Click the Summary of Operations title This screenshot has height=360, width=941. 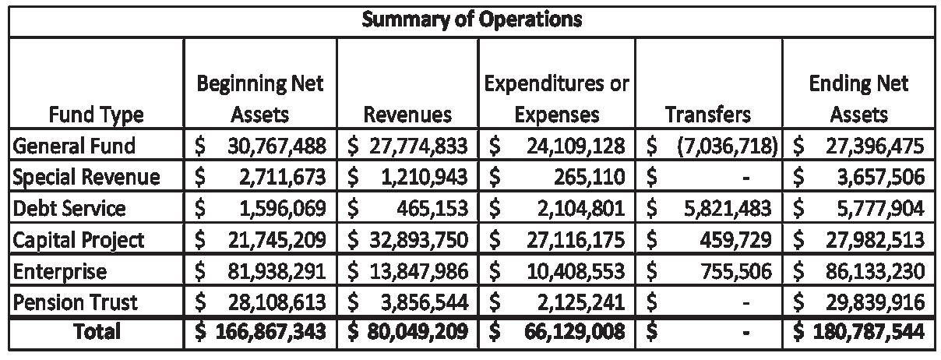pos(471,19)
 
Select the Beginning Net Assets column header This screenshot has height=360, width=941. pos(259,98)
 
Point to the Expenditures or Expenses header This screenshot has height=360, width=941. pos(556,98)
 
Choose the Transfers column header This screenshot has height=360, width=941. pos(707,115)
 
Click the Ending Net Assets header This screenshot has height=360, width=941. pos(858,98)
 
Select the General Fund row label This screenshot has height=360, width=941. pos(74,146)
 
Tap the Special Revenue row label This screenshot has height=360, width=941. pos(86,177)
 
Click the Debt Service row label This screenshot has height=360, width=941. pos(69,208)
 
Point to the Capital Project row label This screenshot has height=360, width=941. pos(78,239)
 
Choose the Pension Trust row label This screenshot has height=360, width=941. pos(75,302)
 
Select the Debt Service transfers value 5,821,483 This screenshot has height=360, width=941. pos(724,208)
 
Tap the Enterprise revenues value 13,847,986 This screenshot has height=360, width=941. pos(419,270)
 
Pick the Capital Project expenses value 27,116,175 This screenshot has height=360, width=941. pos(576,239)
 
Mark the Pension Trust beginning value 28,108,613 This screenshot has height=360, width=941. pos(277,302)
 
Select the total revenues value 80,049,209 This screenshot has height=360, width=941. pos(419,332)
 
